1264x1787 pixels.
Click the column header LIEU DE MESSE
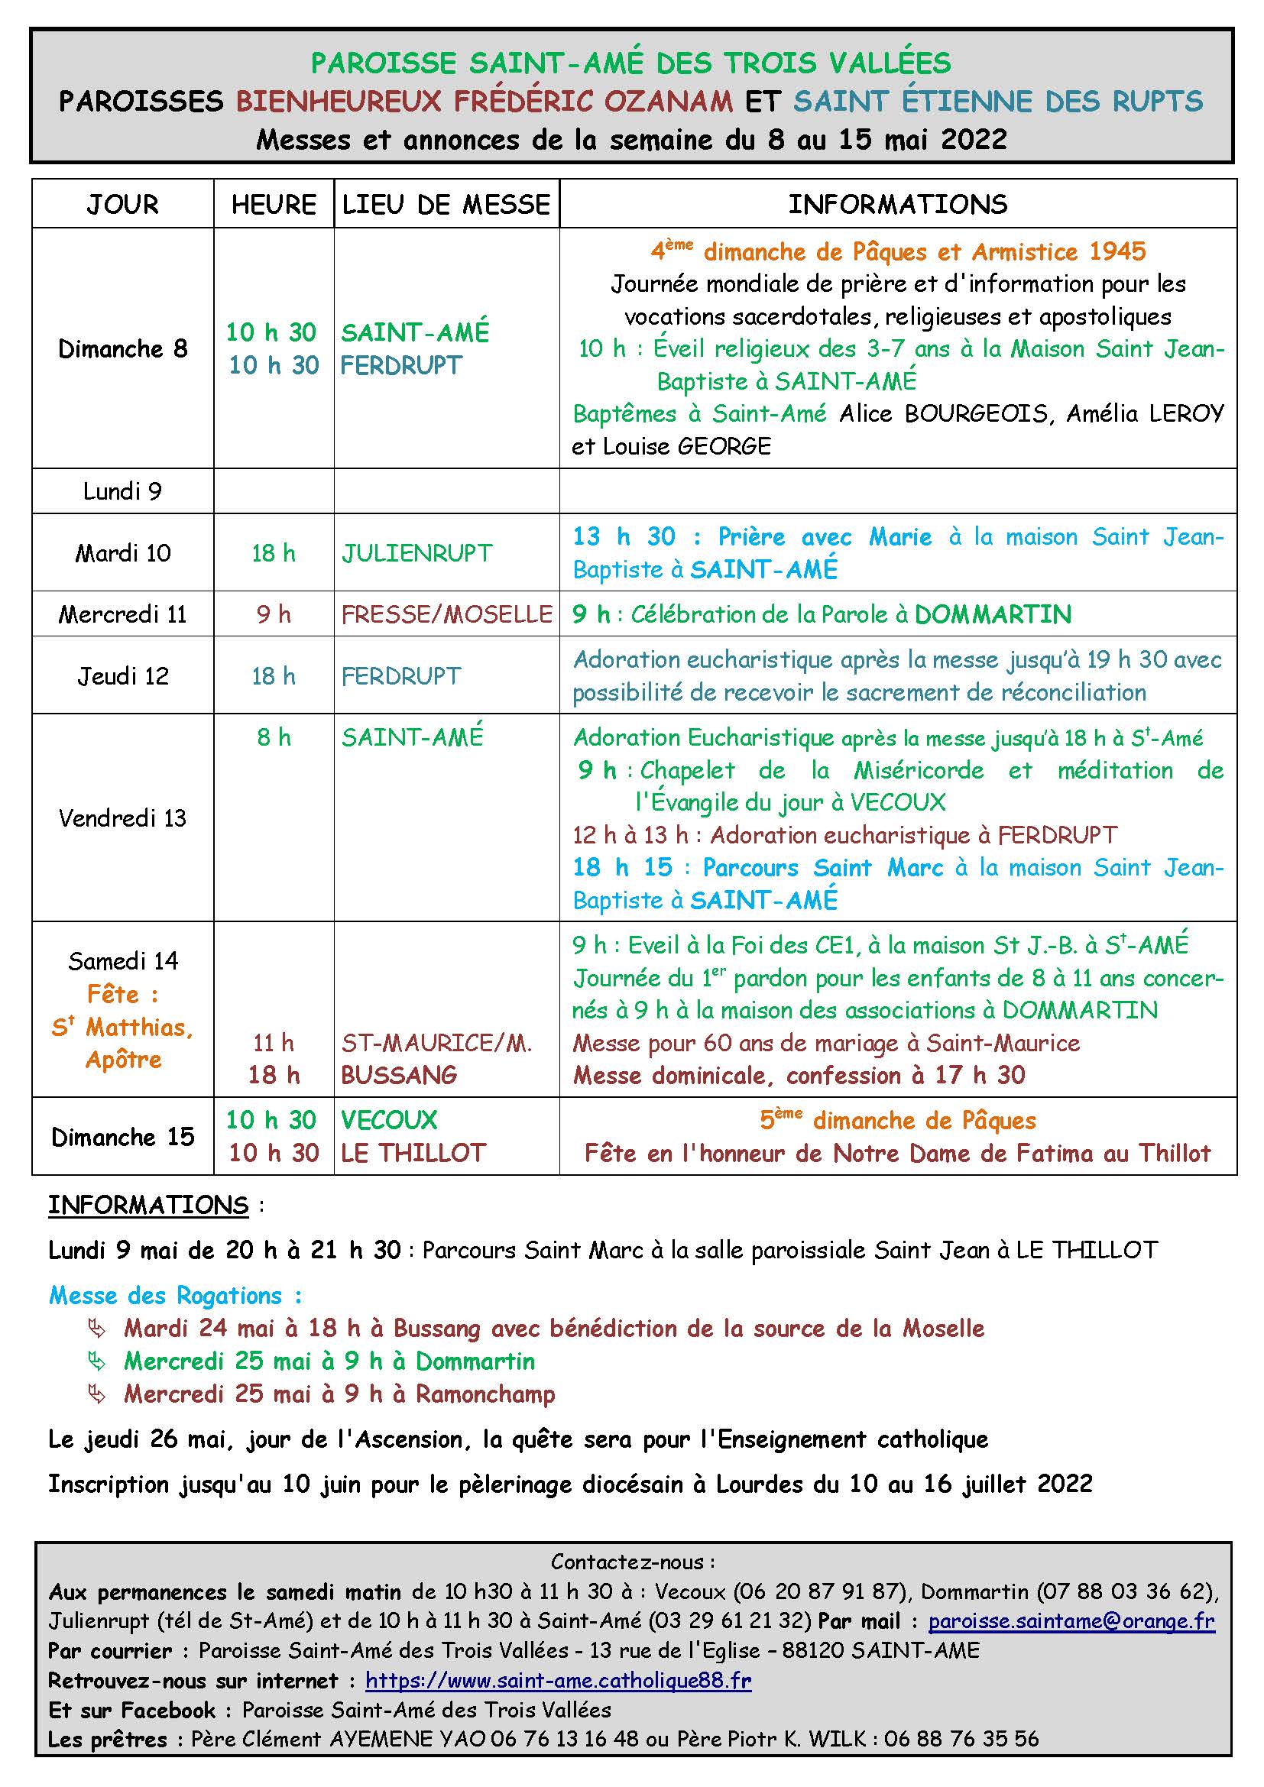click(x=446, y=205)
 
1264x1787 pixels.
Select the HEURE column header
click(x=273, y=205)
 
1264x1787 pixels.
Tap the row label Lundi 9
click(x=122, y=491)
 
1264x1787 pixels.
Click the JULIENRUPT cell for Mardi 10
click(x=416, y=553)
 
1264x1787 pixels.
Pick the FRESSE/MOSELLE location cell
click(x=447, y=615)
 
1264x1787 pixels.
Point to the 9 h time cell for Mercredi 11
click(x=273, y=615)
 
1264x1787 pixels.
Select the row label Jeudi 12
click(x=122, y=676)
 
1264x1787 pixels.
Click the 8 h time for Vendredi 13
click(x=273, y=737)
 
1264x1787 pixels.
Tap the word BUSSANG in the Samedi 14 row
click(x=398, y=1076)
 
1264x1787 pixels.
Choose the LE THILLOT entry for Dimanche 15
click(x=413, y=1153)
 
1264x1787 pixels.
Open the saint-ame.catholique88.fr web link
click(x=558, y=1680)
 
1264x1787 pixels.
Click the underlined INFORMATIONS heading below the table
click(x=148, y=1206)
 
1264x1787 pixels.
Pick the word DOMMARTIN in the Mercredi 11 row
click(x=993, y=615)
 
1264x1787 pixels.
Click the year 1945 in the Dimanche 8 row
click(x=1118, y=251)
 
